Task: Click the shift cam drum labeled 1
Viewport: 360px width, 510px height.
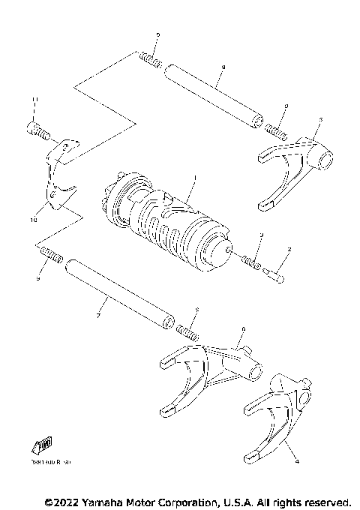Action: point(169,225)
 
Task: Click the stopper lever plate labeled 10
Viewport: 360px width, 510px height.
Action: point(56,176)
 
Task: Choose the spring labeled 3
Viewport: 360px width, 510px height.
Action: point(252,263)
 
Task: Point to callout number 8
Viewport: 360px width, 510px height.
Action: point(223,67)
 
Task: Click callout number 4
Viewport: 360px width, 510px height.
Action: point(296,462)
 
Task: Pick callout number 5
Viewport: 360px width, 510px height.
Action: point(320,118)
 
